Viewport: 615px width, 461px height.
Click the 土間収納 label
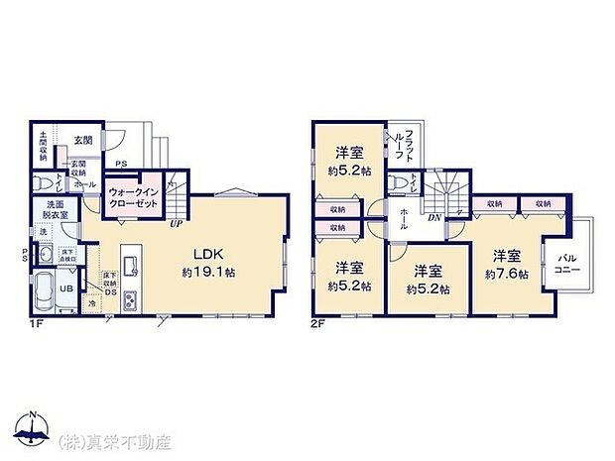(x=44, y=147)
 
